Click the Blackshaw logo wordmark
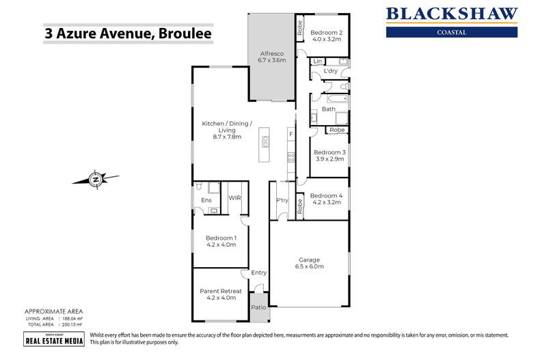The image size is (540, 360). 452,14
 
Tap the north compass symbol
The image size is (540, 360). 95,180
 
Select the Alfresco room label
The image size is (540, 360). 271,53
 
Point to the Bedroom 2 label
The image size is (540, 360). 326,32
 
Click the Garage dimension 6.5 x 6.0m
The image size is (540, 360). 310,266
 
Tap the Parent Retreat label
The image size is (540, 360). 220,291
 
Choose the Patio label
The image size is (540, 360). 259,307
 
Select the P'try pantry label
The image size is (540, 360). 281,200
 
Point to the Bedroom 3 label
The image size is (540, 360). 327,152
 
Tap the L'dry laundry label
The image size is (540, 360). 332,71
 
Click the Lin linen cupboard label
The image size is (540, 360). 317,61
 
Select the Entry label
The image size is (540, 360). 259,273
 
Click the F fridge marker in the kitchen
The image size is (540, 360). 291,134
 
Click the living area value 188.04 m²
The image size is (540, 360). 72,318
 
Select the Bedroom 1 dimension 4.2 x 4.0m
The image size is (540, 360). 220,244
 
